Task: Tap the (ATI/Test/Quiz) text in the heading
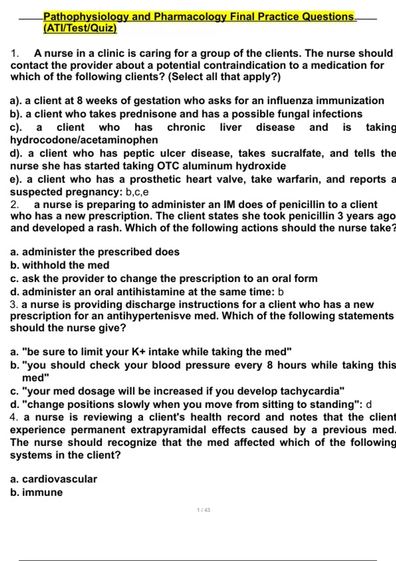click(80, 28)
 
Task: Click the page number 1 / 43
click(203, 510)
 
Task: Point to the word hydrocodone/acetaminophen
click(84, 140)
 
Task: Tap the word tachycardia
click(312, 391)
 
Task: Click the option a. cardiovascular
click(54, 479)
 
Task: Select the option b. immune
click(37, 492)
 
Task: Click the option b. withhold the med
click(60, 265)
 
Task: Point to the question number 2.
click(14, 205)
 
